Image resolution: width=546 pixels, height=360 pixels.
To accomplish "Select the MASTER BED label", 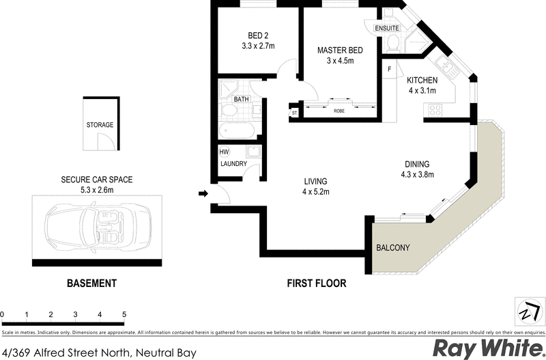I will tap(339, 50).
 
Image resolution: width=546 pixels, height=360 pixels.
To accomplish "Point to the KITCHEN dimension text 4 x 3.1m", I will tap(422, 90).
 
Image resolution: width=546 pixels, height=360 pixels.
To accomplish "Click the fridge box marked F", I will tap(389, 69).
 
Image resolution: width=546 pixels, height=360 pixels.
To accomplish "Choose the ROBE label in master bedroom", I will tap(339, 111).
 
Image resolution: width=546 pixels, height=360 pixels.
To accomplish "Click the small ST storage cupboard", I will tap(295, 113).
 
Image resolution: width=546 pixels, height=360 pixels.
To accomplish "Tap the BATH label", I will tap(242, 100).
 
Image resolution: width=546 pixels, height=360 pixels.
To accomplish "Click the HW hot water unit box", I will tap(224, 152).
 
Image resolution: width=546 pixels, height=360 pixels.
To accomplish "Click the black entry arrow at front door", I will tap(202, 195).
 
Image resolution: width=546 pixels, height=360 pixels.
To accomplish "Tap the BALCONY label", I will tap(393, 247).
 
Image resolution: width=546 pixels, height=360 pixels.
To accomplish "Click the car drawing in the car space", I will tap(97, 226).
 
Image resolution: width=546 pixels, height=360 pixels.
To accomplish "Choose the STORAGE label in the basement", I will tap(100, 125).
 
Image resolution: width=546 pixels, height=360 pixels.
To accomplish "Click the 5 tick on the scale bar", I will tap(124, 315).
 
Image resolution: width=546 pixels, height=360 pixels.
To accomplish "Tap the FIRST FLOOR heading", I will tap(317, 283).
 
